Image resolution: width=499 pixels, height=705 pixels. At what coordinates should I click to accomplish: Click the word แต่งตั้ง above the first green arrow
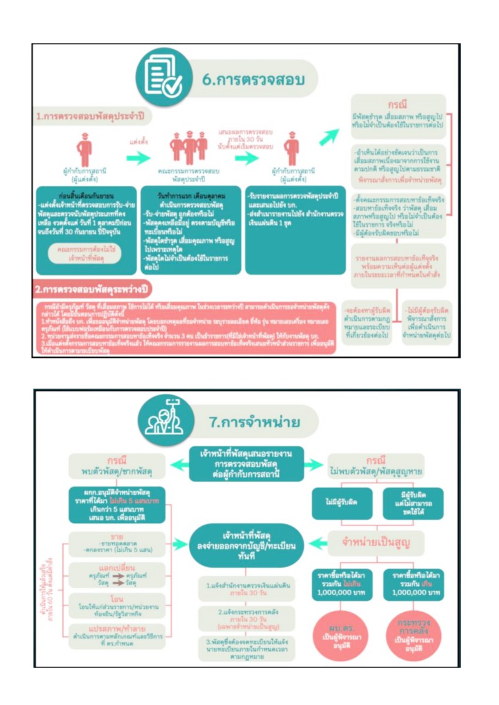pyautogui.click(x=138, y=141)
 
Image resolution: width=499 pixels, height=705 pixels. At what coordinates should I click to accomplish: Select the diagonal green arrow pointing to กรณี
pyautogui.click(x=329, y=137)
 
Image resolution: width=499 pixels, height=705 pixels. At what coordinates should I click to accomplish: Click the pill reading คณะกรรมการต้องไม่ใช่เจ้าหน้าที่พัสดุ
pyautogui.click(x=85, y=253)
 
